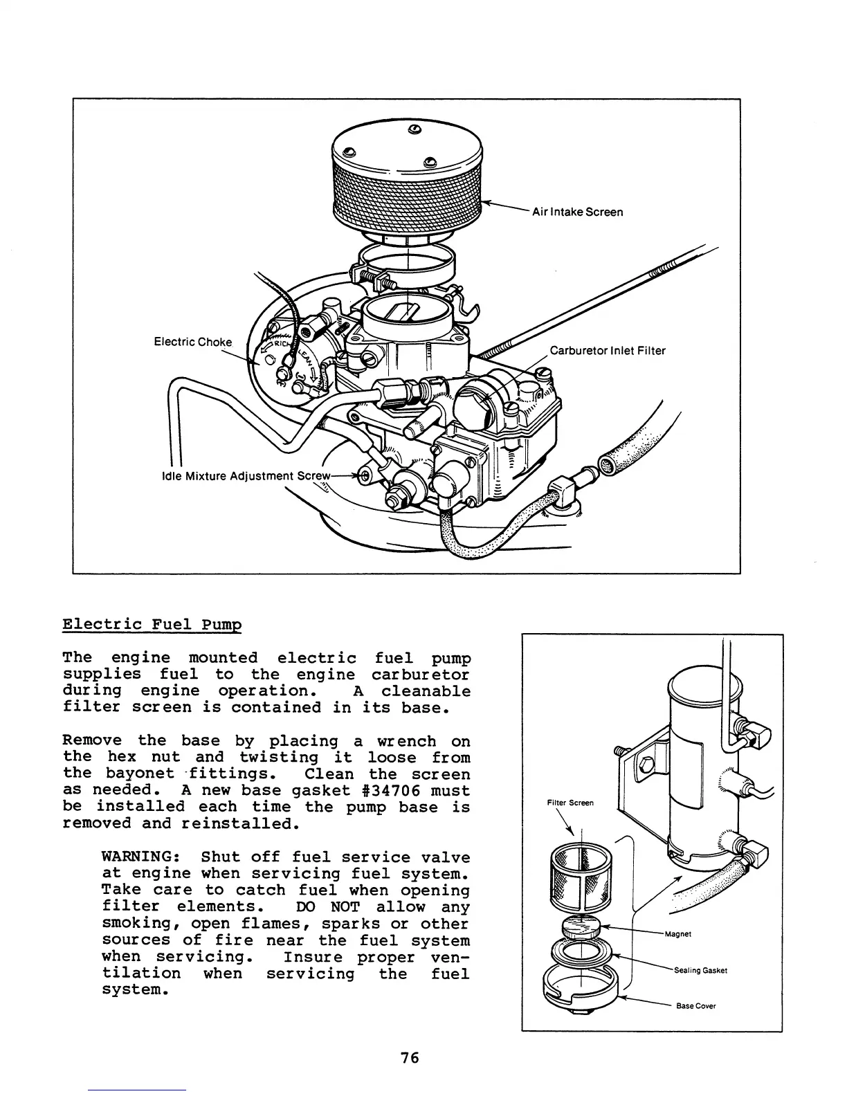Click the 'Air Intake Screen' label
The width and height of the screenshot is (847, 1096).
point(576,212)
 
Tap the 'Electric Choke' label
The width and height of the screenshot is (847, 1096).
point(192,342)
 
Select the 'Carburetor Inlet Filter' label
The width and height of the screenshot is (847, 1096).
point(607,351)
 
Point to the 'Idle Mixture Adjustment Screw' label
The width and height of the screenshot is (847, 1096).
point(243,475)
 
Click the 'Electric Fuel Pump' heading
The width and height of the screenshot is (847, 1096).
point(152,624)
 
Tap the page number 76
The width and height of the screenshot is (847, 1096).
point(410,1058)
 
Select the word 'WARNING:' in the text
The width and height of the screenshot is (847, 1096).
point(141,857)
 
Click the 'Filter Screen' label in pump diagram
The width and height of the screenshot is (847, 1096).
point(570,803)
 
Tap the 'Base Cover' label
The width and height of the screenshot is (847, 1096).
point(695,1006)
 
